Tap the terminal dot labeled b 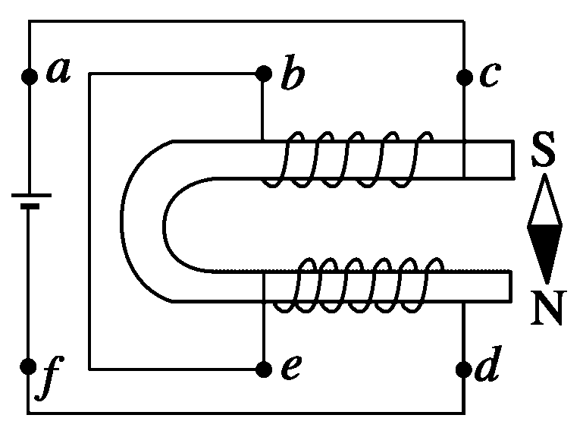click(263, 74)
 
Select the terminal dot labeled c click(464, 76)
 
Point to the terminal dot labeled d click(464, 369)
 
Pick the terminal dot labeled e click(263, 369)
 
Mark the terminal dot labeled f click(29, 368)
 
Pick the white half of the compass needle click(545, 203)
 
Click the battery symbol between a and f click(29, 200)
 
